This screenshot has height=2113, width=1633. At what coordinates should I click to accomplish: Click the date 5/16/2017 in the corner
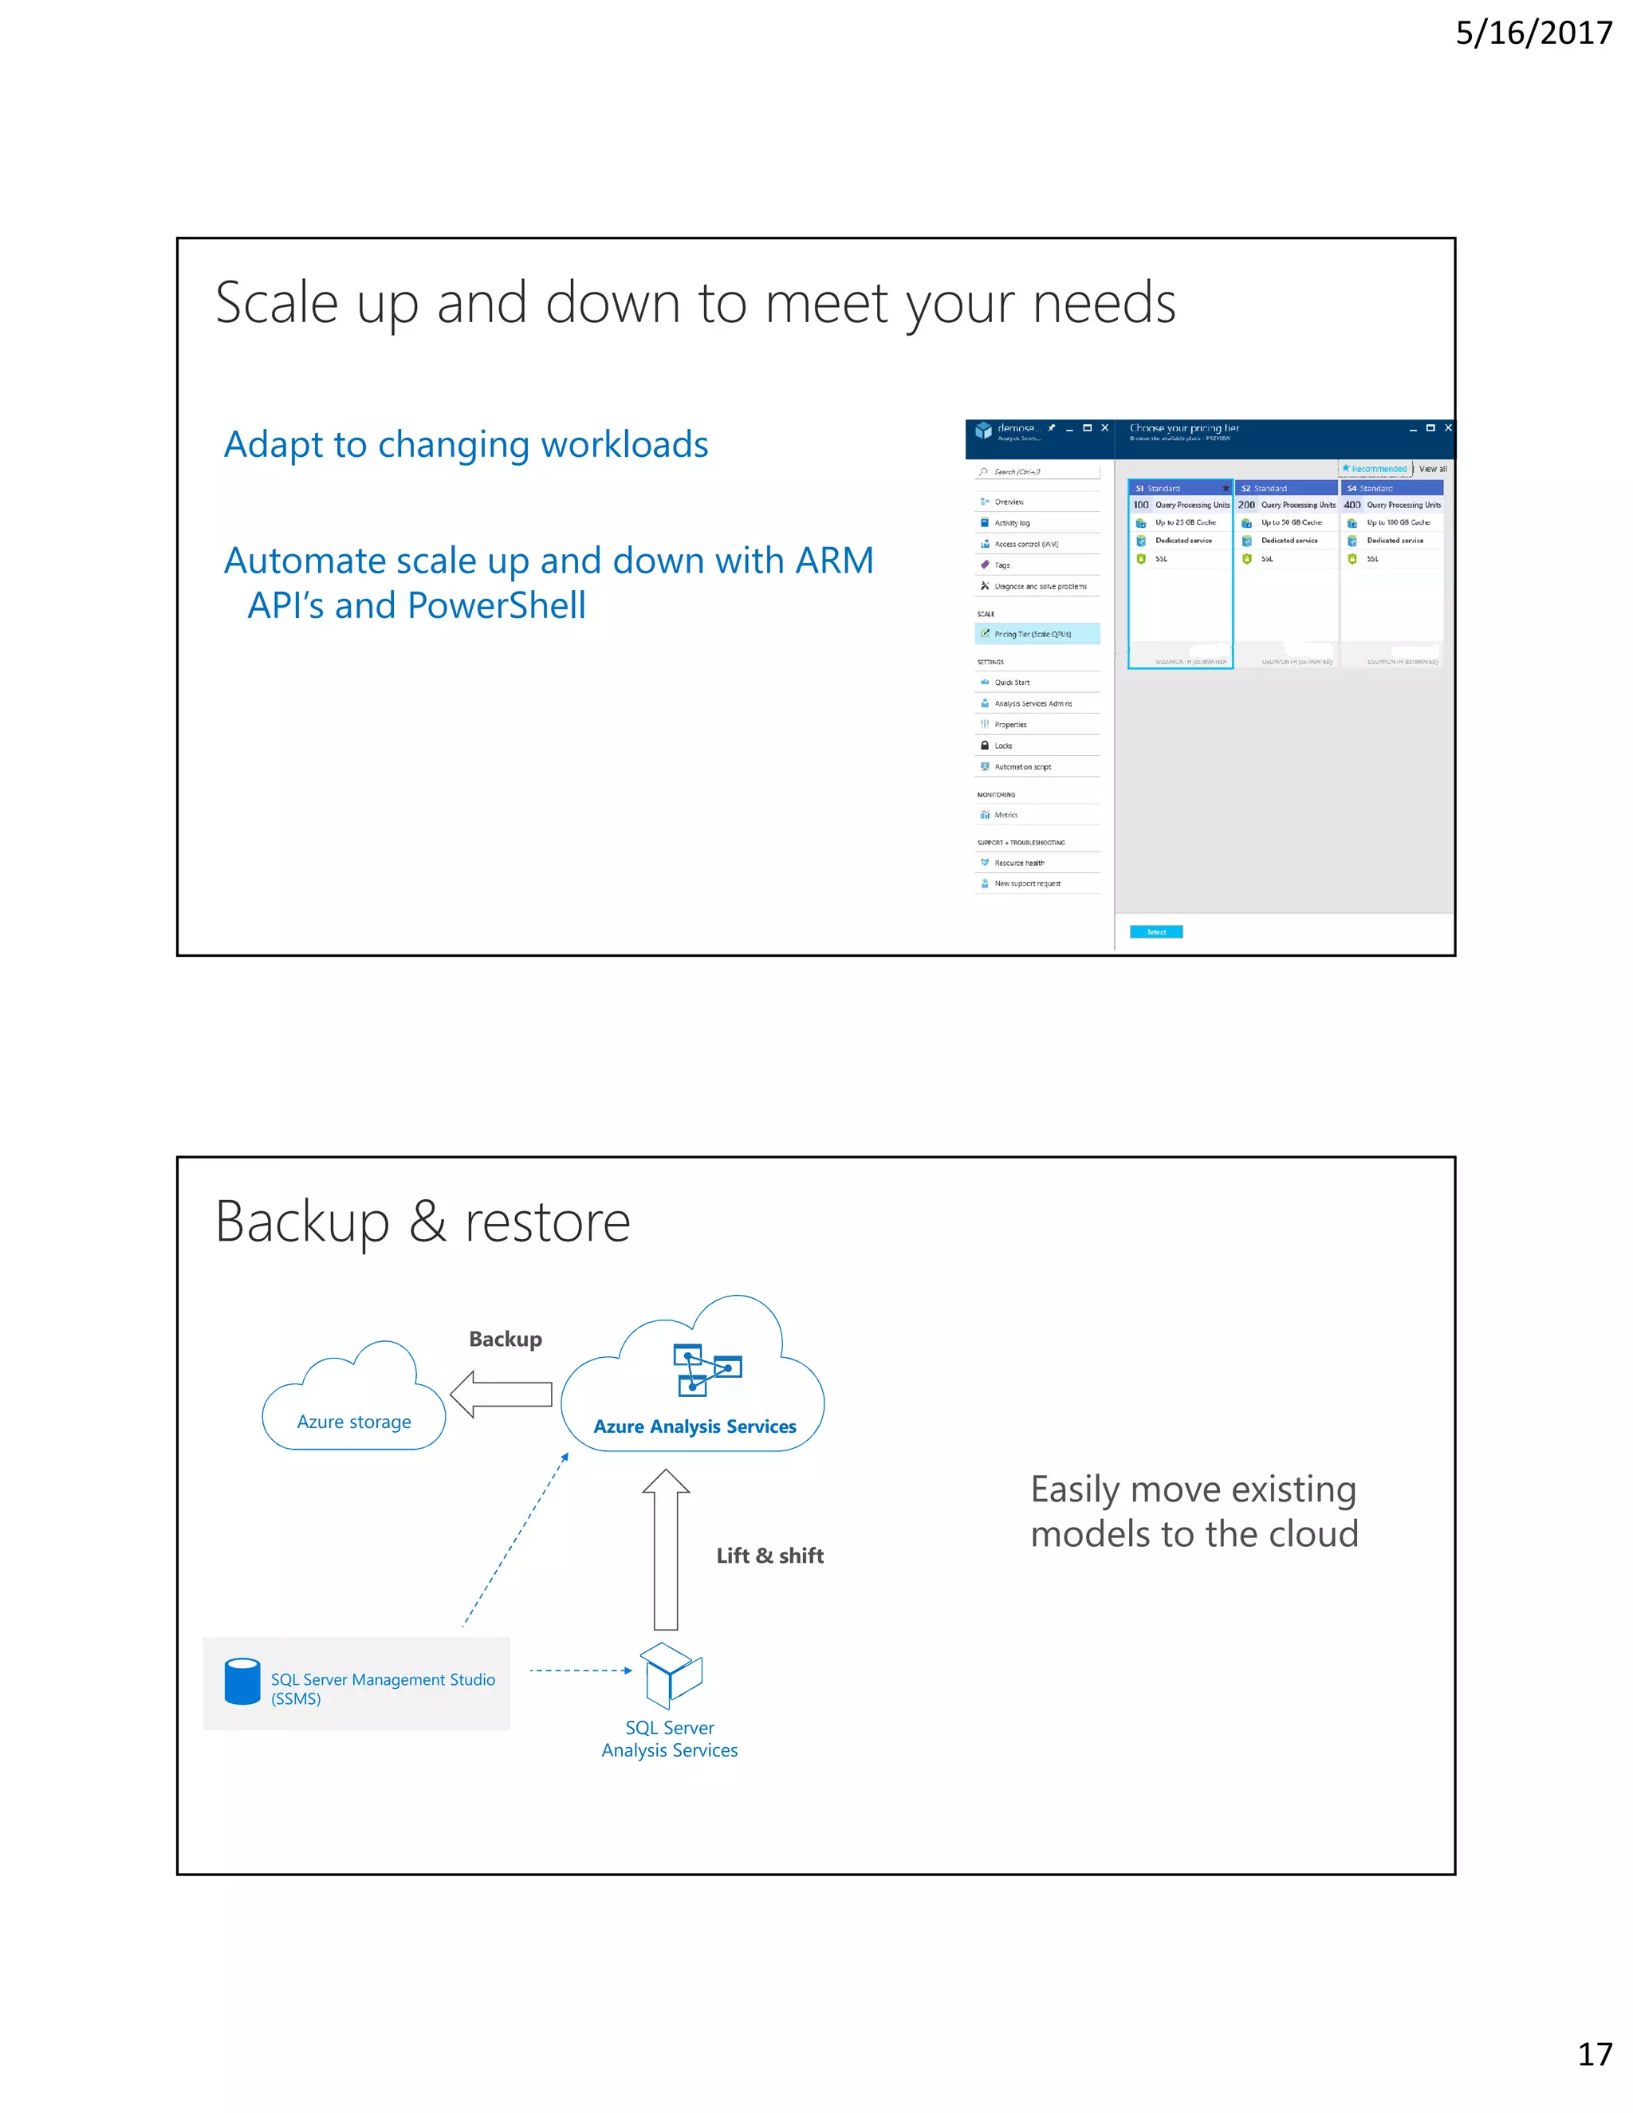pyautogui.click(x=1533, y=33)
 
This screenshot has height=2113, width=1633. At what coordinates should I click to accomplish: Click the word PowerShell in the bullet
pyautogui.click(x=496, y=606)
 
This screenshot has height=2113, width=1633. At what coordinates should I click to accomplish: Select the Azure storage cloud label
pyautogui.click(x=354, y=1421)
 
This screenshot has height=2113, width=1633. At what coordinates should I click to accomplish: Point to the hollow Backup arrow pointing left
pyautogui.click(x=501, y=1394)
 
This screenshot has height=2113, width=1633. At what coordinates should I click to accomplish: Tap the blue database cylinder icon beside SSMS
pyautogui.click(x=242, y=1682)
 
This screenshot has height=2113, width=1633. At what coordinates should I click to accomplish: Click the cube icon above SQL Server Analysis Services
pyautogui.click(x=672, y=1674)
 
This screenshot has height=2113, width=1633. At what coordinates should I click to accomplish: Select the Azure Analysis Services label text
pyautogui.click(x=695, y=1426)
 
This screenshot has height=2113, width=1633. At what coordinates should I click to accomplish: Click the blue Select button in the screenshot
pyautogui.click(x=1156, y=931)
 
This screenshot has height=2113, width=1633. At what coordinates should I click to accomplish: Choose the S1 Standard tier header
pyautogui.click(x=1179, y=489)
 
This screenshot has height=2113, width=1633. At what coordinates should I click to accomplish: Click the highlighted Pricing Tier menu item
pyautogui.click(x=1037, y=634)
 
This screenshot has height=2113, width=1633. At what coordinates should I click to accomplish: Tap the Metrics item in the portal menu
pyautogui.click(x=1006, y=815)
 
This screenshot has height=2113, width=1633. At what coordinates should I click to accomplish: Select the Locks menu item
pyautogui.click(x=1003, y=746)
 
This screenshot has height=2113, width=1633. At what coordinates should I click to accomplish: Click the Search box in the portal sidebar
pyautogui.click(x=1037, y=472)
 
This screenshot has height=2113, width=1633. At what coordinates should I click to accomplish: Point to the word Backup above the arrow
pyautogui.click(x=505, y=1339)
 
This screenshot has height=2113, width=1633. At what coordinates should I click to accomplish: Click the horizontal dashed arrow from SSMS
pyautogui.click(x=580, y=1670)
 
